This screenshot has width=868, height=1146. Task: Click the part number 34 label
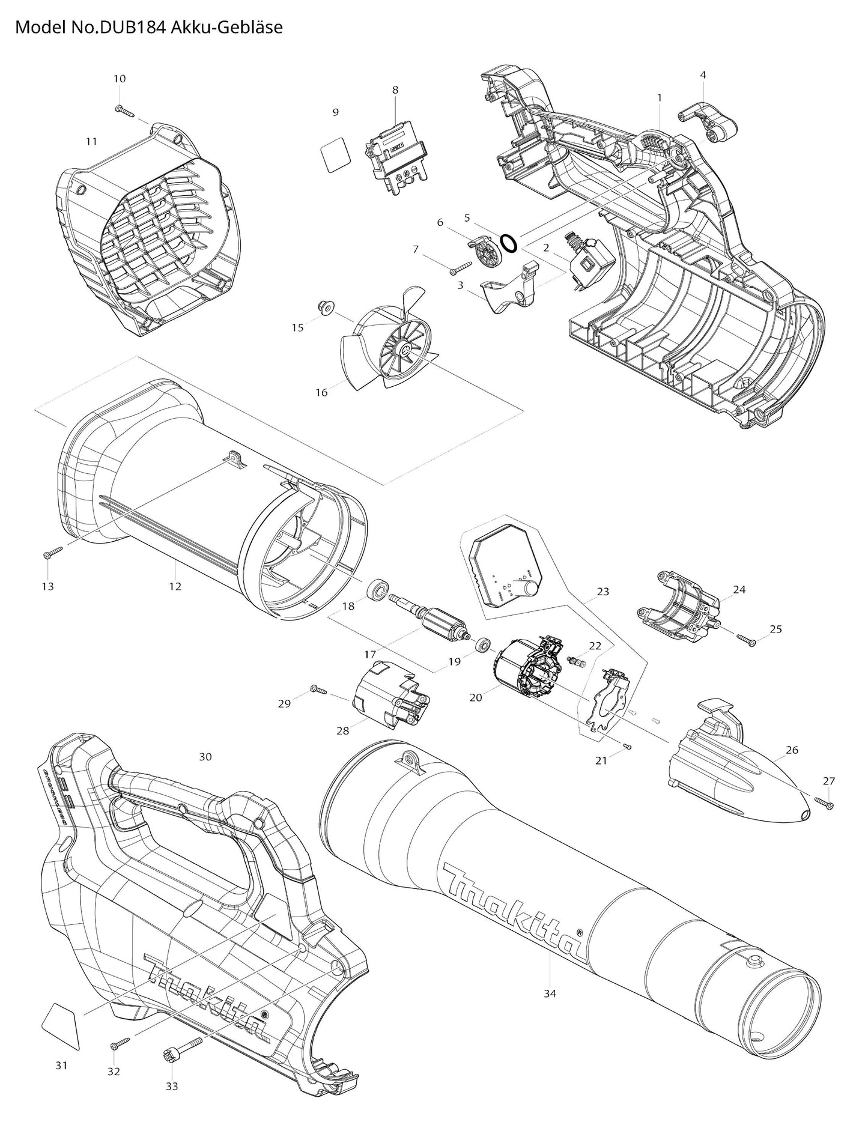(550, 993)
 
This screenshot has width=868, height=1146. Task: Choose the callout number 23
(602, 592)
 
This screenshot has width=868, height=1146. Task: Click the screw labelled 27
(824, 802)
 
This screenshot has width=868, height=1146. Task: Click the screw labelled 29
(318, 690)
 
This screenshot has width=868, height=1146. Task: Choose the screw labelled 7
(462, 268)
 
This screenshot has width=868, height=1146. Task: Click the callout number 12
(175, 586)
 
